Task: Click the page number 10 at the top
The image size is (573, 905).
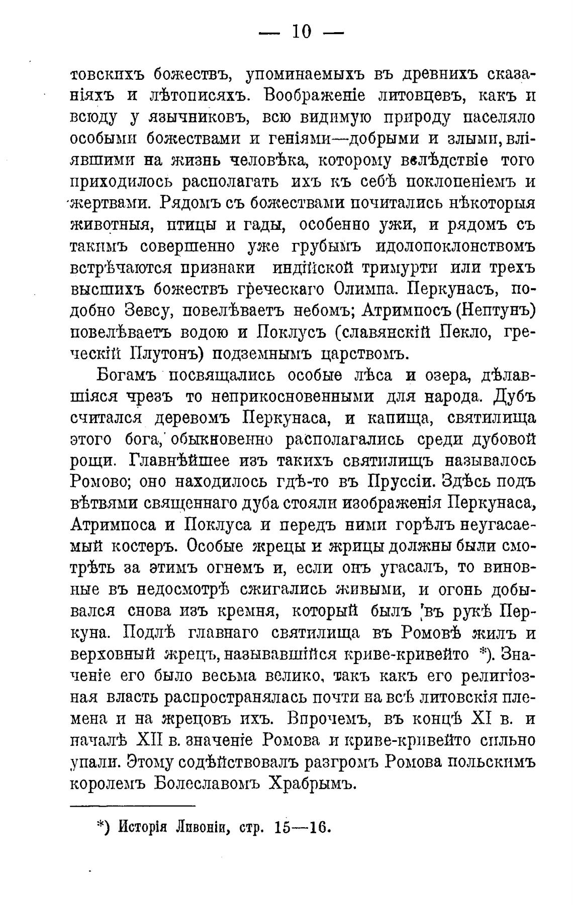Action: pos(301,33)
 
